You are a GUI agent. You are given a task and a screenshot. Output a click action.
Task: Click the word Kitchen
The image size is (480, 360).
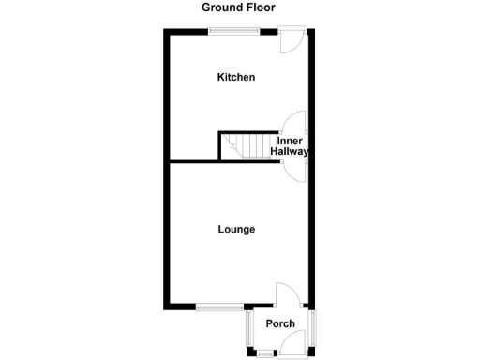click(236, 78)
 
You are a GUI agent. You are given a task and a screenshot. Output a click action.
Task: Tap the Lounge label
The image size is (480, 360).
click(236, 229)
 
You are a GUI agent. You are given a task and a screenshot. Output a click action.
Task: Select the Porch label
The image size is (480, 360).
click(280, 323)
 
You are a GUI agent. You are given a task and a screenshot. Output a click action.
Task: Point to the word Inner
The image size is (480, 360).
click(290, 141)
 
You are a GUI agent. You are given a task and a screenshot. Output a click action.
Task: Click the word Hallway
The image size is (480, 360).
click(290, 151)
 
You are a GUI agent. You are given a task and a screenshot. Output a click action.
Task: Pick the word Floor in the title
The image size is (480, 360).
click(264, 7)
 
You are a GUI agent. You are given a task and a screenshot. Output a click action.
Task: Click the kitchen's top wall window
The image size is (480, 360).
click(234, 31)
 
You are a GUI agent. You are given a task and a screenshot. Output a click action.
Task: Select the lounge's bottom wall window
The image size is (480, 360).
click(220, 307)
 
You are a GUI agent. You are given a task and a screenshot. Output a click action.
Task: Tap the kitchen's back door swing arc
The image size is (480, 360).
click(292, 43)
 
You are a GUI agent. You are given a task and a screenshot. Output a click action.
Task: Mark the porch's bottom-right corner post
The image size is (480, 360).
click(313, 352)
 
